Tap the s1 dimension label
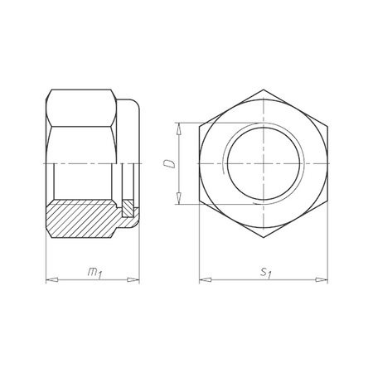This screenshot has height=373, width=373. point(264,271)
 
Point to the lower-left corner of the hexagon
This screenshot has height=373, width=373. point(199,204)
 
